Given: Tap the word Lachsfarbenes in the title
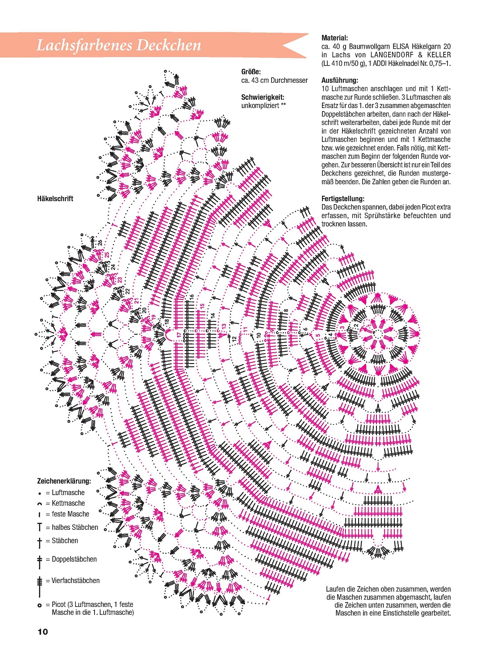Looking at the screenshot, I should (x=83, y=45).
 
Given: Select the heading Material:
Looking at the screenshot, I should (x=335, y=38).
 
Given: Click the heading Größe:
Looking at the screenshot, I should (x=251, y=72).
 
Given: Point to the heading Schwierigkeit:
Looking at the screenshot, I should (x=262, y=97).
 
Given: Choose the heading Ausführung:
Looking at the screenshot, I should (x=340, y=80).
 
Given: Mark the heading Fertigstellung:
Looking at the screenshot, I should (x=343, y=199).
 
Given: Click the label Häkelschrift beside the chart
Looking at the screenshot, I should (x=55, y=199).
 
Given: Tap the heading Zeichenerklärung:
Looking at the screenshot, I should (x=64, y=481).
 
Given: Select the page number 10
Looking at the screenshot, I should (x=43, y=632).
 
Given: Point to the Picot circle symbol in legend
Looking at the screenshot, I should (x=40, y=605).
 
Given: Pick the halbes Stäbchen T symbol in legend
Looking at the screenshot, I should (x=40, y=527).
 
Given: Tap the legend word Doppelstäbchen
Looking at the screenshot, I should (x=74, y=559).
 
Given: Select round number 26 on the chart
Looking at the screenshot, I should (x=100, y=243).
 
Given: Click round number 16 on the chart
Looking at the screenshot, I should (x=191, y=298).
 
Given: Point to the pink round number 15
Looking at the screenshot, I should (x=202, y=306).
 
